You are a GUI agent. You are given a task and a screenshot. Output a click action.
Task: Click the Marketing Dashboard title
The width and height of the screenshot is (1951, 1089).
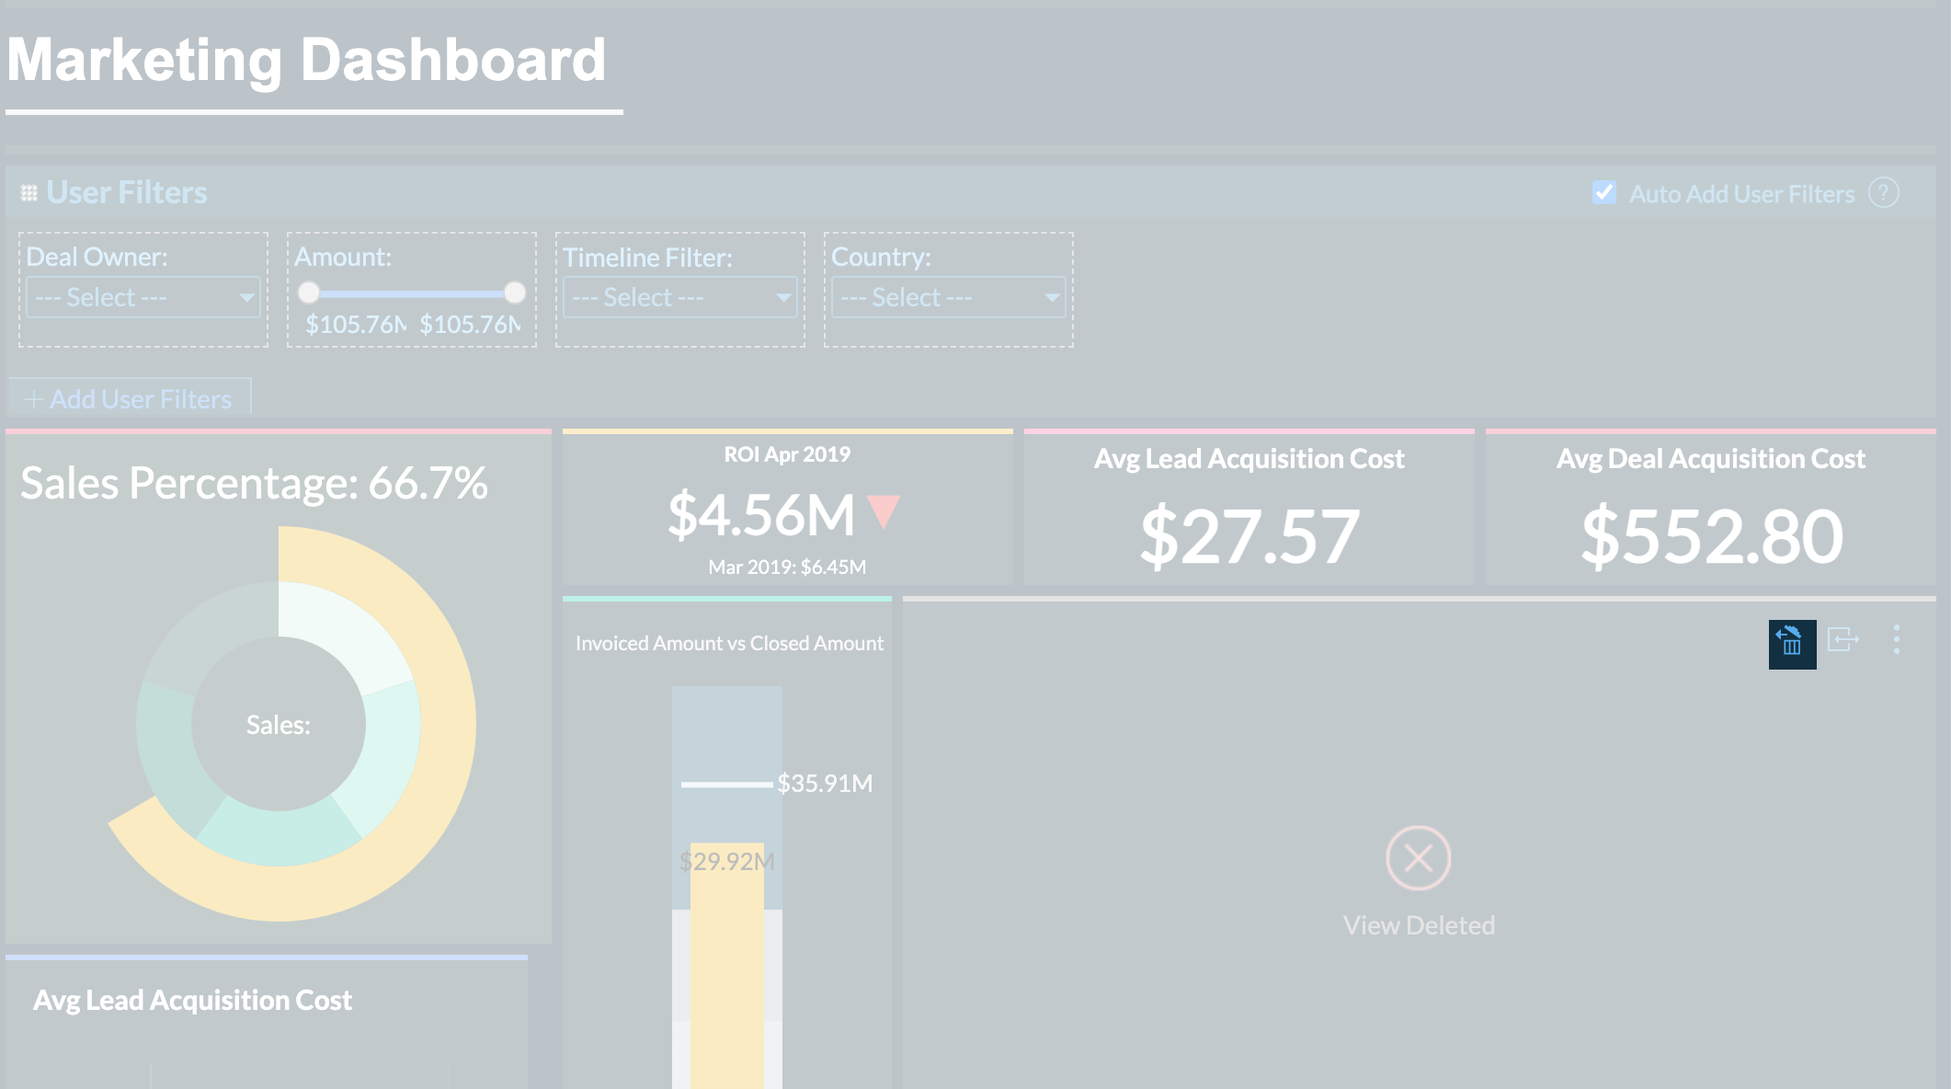[306, 61]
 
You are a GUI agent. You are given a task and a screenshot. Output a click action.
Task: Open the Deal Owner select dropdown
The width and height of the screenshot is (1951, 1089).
[143, 298]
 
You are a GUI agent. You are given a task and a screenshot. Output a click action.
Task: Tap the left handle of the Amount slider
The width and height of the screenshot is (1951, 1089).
[309, 292]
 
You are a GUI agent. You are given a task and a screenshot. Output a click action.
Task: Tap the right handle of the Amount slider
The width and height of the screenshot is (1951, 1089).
[515, 292]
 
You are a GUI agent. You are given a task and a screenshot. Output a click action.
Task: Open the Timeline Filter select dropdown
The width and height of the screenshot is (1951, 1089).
[679, 298]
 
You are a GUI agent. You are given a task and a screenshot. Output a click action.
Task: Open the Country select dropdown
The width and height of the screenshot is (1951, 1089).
[948, 298]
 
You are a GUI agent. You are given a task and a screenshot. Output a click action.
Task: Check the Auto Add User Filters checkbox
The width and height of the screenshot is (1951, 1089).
[1603, 193]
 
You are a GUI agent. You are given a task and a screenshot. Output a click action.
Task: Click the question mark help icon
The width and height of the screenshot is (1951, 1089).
[1884, 193]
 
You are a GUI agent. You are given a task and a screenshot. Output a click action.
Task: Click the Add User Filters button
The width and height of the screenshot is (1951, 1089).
[130, 399]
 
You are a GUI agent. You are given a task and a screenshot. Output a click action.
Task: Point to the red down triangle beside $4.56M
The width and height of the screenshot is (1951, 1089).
[884, 510]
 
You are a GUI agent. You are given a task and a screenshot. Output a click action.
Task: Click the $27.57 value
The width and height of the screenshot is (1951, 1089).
[1249, 536]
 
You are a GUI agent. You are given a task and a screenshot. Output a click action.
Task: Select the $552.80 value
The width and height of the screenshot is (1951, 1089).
[1712, 536]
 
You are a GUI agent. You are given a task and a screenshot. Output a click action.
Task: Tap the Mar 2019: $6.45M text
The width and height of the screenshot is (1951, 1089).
[787, 567]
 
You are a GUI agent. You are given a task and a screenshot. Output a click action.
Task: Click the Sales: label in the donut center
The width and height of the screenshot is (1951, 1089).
[278, 725]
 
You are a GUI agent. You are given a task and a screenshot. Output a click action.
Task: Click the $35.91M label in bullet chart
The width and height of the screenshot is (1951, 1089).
[825, 784]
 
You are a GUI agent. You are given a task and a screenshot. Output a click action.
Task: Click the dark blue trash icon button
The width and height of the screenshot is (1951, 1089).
[1792, 644]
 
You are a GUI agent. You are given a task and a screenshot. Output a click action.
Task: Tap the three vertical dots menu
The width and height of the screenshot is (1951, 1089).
[1897, 640]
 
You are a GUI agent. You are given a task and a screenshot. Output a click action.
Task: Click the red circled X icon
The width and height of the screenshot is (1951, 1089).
[1419, 858]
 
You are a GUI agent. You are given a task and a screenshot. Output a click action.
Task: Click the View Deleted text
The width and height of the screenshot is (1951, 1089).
[1419, 925]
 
